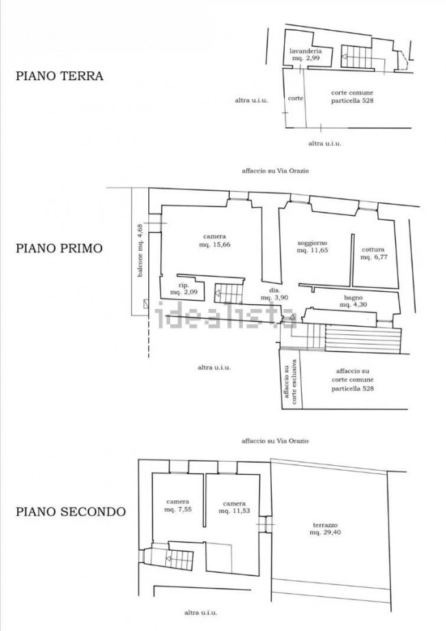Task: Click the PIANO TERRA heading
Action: pos(60,75)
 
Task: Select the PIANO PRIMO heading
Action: pos(59,248)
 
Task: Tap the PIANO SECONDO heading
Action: pos(71,512)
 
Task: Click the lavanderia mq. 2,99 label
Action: pos(306,55)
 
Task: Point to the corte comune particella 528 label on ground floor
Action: pos(352,97)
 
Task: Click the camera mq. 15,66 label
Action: pos(215,240)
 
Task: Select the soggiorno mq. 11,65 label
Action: pos(312,246)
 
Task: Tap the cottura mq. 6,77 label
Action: pos(373,253)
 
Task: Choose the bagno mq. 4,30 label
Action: pos(353,301)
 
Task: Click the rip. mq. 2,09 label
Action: pos(184,289)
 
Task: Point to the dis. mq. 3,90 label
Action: pos(274,294)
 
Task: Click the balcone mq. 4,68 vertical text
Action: pos(140,250)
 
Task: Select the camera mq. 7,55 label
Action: pos(178,506)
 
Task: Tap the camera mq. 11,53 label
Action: pos(234,507)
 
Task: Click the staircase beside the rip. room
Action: pos(228,293)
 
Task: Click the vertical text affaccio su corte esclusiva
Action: pos(290,382)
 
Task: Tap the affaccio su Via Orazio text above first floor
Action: pos(275,171)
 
